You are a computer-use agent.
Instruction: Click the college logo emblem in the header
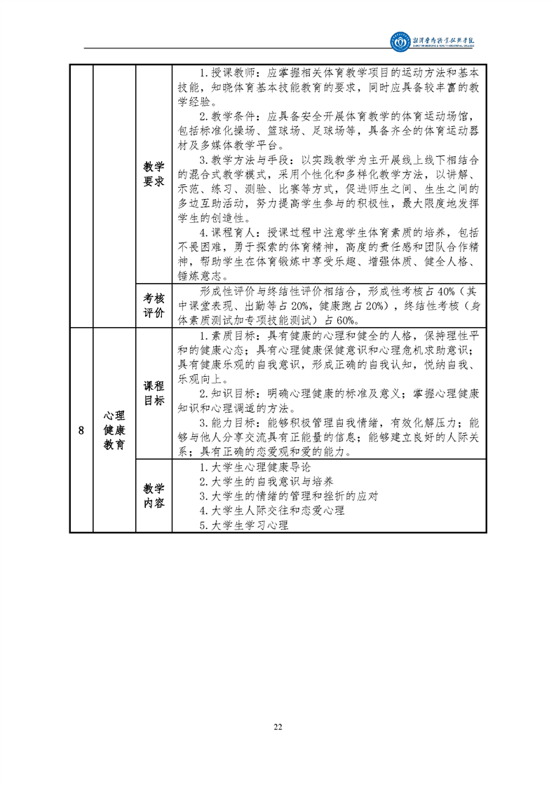[400, 41]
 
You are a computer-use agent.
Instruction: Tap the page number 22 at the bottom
[278, 727]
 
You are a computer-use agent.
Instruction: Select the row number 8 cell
[81, 430]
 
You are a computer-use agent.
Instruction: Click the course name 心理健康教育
[114, 430]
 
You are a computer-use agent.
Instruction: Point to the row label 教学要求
[154, 174]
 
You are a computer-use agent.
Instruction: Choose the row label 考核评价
[154, 305]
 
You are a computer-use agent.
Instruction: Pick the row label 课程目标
[154, 393]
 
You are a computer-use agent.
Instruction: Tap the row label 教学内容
[154, 496]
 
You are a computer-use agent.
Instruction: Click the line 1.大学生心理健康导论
[255, 467]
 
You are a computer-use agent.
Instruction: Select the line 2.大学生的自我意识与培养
[266, 482]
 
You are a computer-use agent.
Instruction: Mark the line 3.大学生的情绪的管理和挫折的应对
[289, 496]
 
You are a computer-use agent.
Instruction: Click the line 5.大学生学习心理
[244, 525]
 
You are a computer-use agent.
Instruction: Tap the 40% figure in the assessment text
[446, 291]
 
